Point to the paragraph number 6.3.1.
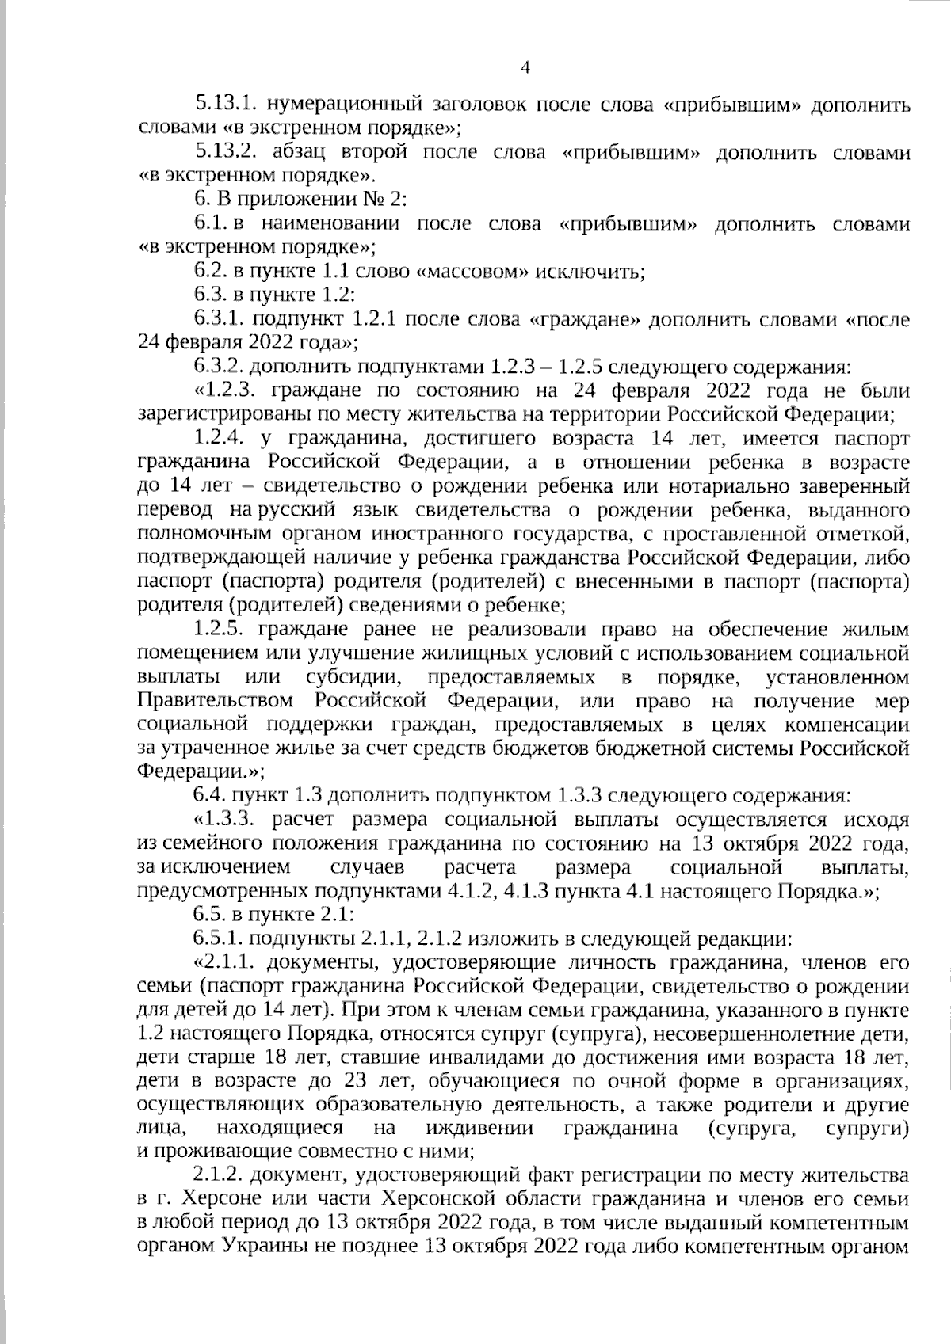click(x=220, y=320)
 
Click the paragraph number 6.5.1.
click(x=220, y=939)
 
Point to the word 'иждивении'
click(x=479, y=1129)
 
